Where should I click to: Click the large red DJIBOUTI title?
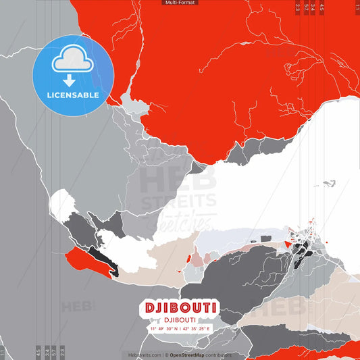click(180, 308)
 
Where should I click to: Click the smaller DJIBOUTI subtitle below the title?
click(180, 320)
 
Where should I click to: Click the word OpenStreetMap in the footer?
click(190, 355)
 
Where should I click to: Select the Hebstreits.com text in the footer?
click(145, 355)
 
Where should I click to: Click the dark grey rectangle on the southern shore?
click(266, 238)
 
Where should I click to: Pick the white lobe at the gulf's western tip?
click(62, 205)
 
